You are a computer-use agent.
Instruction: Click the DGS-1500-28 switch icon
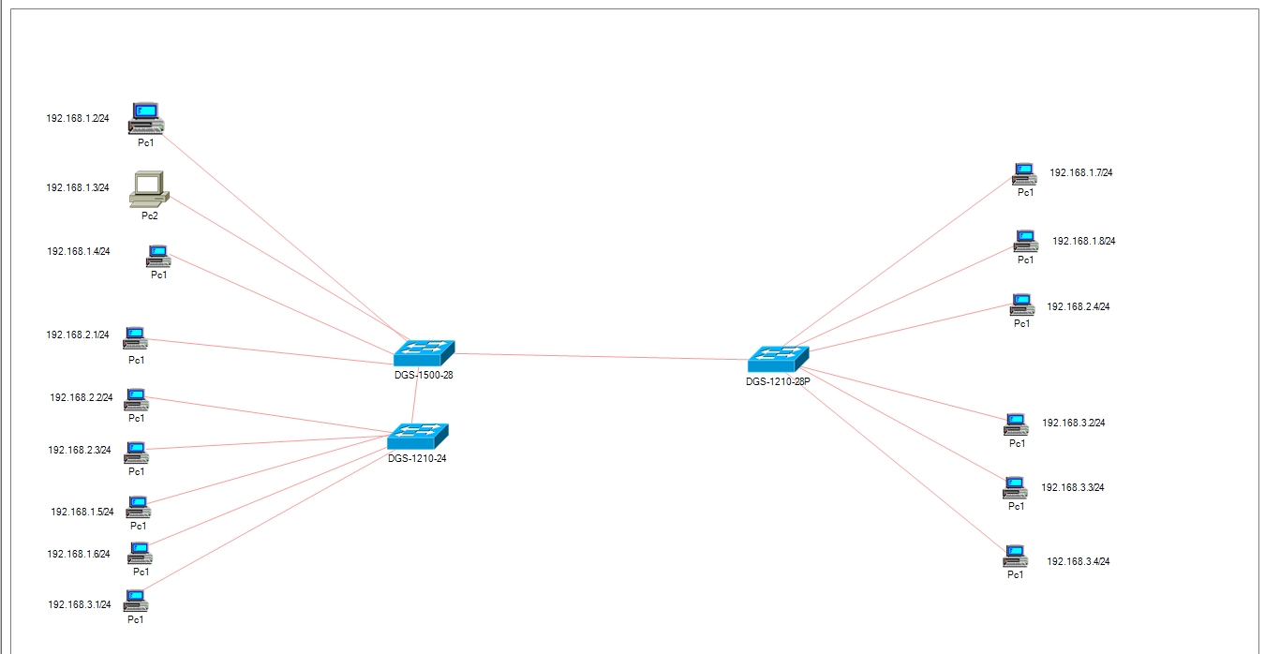(x=424, y=353)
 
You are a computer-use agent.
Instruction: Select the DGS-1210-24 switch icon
(x=418, y=437)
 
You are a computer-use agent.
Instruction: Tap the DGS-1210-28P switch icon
(x=778, y=359)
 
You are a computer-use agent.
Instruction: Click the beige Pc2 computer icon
(x=149, y=189)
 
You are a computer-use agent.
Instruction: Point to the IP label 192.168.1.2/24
(x=78, y=118)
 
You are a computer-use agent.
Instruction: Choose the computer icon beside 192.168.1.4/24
(x=158, y=257)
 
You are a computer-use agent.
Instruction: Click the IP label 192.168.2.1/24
(x=78, y=334)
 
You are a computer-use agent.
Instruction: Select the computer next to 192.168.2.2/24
(x=136, y=399)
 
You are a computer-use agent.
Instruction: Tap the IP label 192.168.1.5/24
(x=82, y=512)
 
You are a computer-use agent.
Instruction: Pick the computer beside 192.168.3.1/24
(x=136, y=601)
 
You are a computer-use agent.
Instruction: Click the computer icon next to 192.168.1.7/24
(x=1024, y=174)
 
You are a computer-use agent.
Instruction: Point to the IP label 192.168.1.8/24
(x=1084, y=241)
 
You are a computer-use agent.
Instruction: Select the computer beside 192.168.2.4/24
(x=1022, y=305)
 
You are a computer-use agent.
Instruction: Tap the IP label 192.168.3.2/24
(x=1074, y=423)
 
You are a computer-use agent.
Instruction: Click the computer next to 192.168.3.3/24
(x=1016, y=488)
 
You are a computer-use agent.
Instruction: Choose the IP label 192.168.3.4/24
(x=1079, y=561)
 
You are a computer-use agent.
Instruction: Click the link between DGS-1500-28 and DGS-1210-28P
(x=602, y=356)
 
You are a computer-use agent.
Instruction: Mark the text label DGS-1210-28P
(x=778, y=381)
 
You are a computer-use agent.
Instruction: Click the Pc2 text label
(x=150, y=216)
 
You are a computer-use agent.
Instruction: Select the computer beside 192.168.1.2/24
(x=145, y=118)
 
